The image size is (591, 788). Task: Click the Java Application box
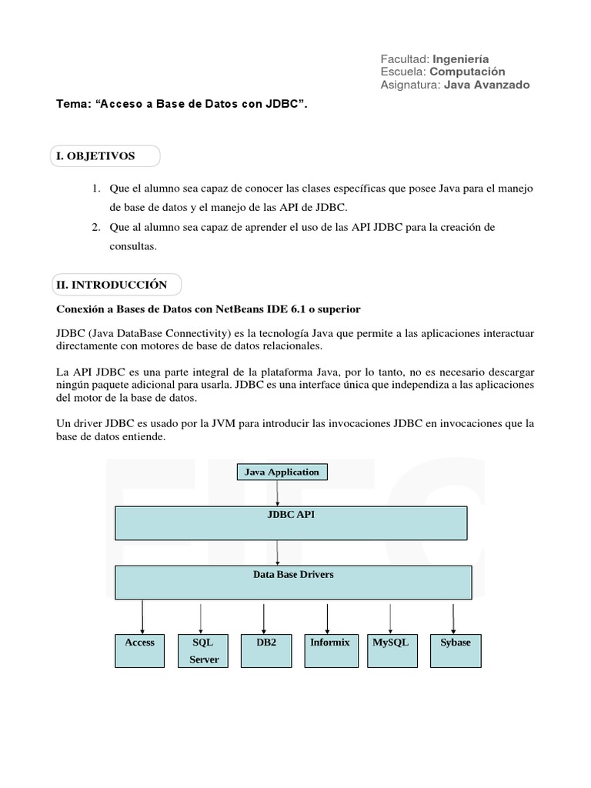pos(282,472)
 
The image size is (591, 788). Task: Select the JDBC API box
pos(292,523)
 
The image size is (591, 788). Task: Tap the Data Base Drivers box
pos(293,582)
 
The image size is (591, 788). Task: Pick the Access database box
pos(140,650)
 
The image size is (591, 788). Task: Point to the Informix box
pos(329,650)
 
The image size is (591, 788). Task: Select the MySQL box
pos(391,650)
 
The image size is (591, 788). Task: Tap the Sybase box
pos(456,650)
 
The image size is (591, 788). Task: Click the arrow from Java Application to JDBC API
pos(278,492)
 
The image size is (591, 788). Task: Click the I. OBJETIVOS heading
pos(95,156)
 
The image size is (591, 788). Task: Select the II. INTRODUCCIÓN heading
pos(112,285)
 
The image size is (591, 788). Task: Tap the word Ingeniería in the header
pos(461,59)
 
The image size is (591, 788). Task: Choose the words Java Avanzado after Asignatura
pos(487,85)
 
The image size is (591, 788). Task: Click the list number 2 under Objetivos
pos(96,227)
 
